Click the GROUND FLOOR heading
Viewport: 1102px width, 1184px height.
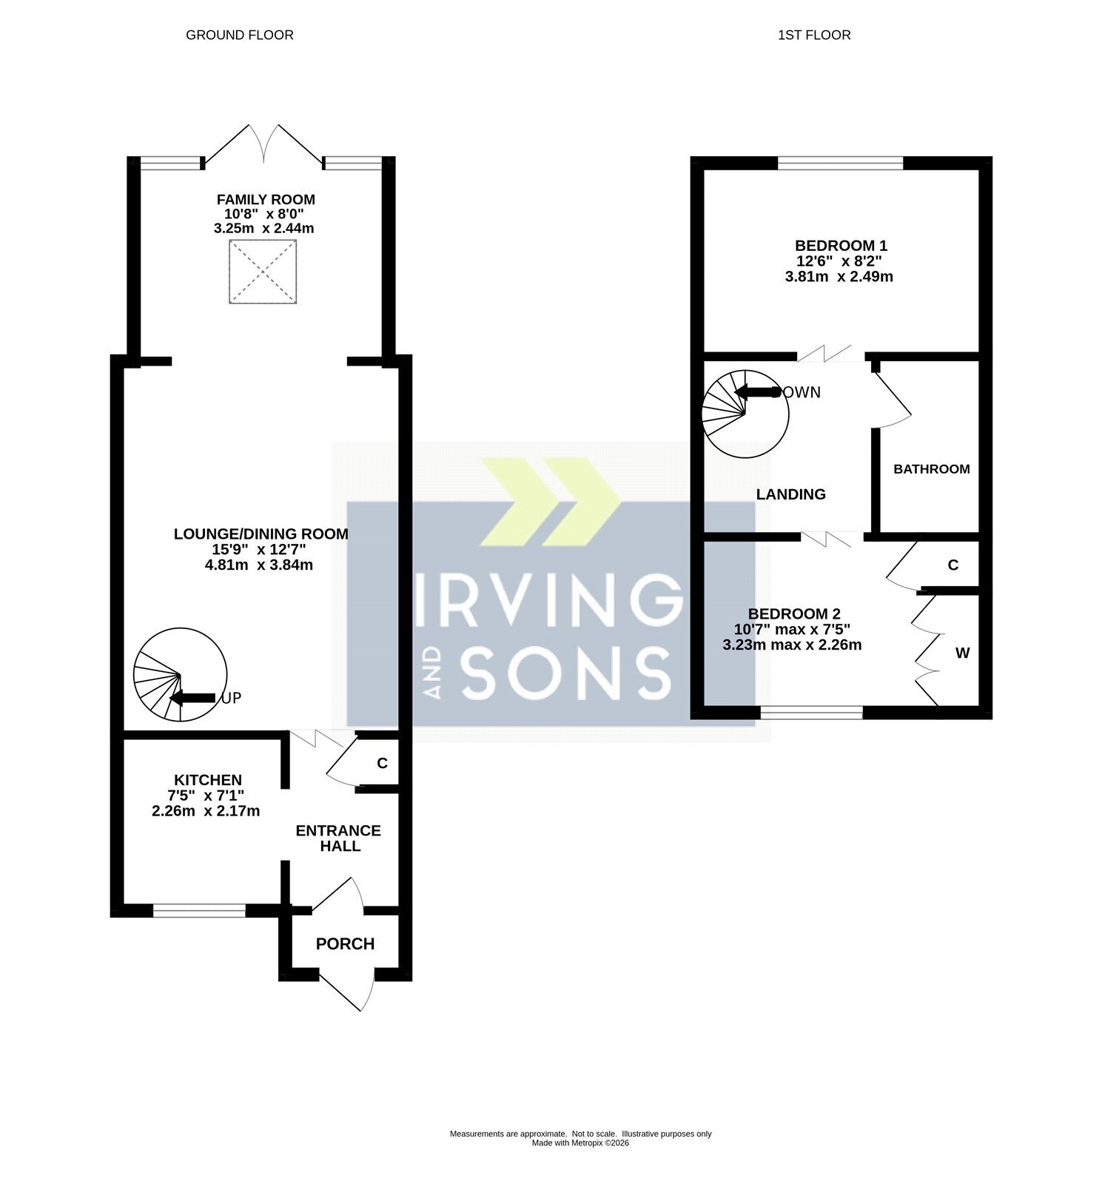pos(240,35)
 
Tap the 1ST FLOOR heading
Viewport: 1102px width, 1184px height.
pos(814,35)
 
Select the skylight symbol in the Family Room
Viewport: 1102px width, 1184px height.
pos(263,272)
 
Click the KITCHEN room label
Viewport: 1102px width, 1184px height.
pos(208,780)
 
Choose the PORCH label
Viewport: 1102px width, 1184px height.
pos(345,943)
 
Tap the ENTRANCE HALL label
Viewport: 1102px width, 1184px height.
pos(338,838)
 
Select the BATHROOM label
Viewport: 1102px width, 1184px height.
pos(931,469)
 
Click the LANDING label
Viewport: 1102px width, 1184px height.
pos(790,494)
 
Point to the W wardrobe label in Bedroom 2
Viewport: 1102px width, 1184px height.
pos(962,653)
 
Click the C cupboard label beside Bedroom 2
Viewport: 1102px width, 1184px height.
pos(953,565)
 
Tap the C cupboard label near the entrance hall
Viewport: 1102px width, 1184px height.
pos(382,763)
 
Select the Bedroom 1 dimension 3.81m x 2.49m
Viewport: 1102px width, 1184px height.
pos(839,277)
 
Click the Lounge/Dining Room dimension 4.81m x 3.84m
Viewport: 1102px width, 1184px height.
pos(259,565)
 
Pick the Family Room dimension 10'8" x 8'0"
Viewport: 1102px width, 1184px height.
pos(264,214)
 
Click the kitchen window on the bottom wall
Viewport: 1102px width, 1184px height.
pos(199,911)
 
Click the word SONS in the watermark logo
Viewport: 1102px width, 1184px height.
pos(567,673)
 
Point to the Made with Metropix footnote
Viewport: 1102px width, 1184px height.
pos(580,1143)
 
